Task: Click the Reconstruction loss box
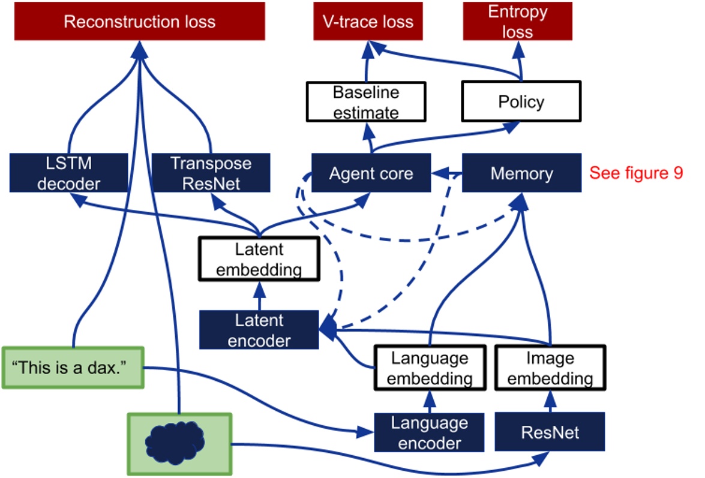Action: tap(139, 23)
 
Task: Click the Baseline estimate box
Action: tap(366, 102)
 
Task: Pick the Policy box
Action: tap(521, 101)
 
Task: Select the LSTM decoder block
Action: tap(68, 173)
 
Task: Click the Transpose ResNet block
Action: tap(211, 173)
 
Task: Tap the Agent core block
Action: tap(371, 173)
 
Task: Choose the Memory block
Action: tap(521, 173)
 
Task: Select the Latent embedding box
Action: tap(259, 258)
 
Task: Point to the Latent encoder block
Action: tap(259, 329)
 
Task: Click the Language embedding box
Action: tap(429, 368)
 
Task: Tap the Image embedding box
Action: tap(550, 368)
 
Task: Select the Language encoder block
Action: tap(429, 432)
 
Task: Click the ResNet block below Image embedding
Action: tap(550, 432)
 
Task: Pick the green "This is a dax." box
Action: tap(73, 367)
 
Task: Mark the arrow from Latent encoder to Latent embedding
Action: tap(259, 295)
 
